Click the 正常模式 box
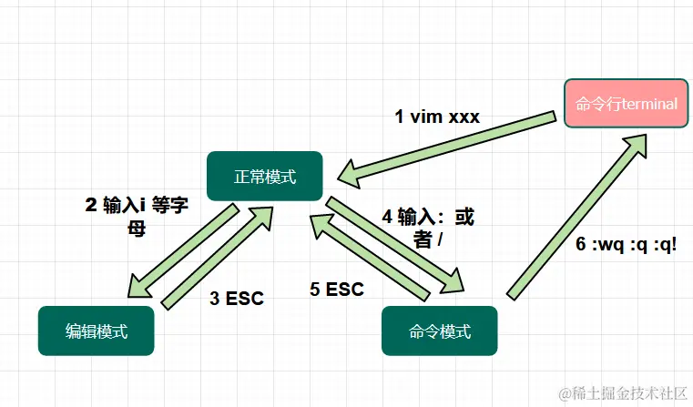[x=265, y=177]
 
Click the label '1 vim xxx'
[x=436, y=117]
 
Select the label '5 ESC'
[x=336, y=290]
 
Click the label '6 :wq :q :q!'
[x=627, y=245]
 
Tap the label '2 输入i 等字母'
[x=137, y=215]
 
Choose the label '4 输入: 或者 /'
[x=428, y=228]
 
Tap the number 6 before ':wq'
[x=581, y=245]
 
